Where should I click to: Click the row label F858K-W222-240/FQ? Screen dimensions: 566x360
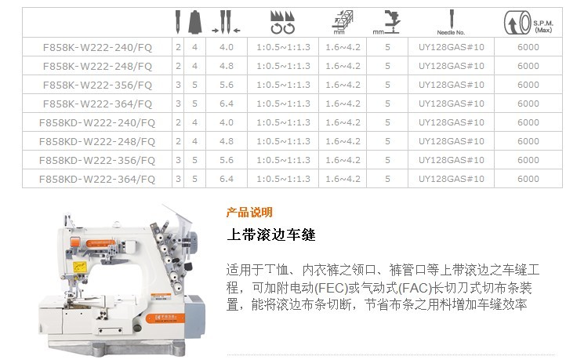[97, 47]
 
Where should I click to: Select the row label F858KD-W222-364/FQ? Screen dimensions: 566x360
[97, 179]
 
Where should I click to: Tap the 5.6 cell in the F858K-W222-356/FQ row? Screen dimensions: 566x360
[227, 85]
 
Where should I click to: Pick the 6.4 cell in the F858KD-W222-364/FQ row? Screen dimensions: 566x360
[227, 179]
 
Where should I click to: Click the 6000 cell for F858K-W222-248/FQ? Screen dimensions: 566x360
[528, 66]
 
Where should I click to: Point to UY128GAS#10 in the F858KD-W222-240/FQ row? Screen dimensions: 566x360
[452, 122]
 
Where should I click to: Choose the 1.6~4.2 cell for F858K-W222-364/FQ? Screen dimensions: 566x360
[343, 104]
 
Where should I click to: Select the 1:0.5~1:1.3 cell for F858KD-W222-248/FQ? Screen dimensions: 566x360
[283, 141]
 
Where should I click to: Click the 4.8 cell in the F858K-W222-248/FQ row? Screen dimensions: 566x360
[227, 66]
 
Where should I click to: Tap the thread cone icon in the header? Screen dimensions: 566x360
[194, 22]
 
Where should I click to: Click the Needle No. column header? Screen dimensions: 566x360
[451, 23]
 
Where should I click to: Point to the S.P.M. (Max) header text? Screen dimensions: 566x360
[543, 27]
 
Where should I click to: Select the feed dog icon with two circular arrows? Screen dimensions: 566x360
[283, 23]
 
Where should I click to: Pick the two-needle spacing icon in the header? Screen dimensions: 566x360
[226, 23]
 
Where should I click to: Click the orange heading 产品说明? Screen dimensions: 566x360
[249, 213]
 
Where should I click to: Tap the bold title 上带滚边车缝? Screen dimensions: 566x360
[271, 235]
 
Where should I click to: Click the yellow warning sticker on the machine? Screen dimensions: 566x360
[79, 267]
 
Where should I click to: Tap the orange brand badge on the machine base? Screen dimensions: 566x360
[165, 318]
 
